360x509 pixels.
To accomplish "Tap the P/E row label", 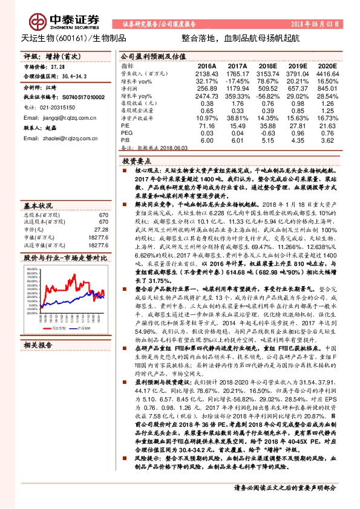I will [125, 125].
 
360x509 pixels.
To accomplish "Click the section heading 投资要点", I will [136, 163].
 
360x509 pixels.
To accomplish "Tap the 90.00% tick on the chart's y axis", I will [32, 251].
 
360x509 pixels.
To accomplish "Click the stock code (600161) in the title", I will [73, 38].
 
